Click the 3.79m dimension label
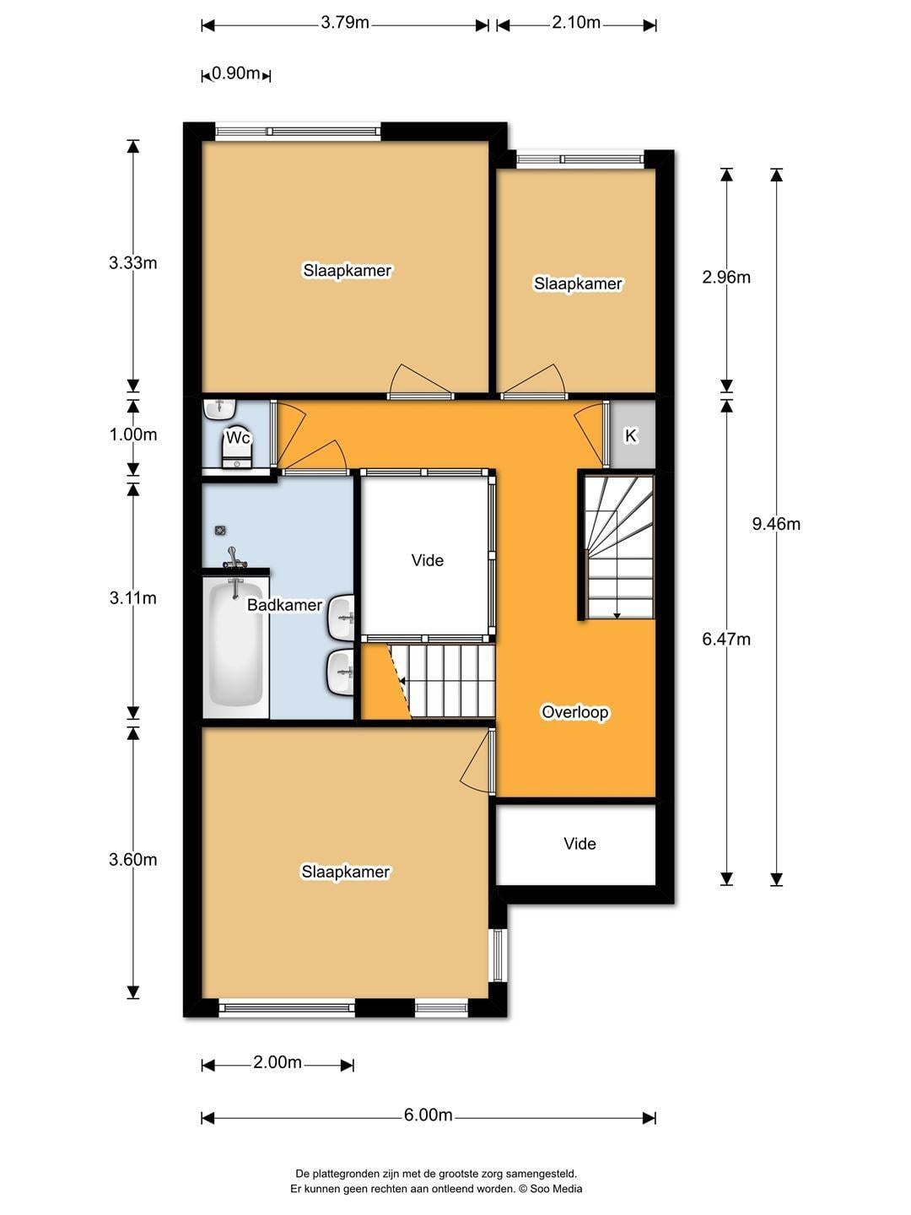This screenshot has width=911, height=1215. pos(345,24)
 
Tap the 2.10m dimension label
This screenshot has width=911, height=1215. pos(576,23)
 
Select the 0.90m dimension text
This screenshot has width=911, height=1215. pos(235,73)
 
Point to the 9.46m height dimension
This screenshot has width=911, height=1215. pos(775,524)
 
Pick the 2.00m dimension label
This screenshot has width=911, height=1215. pos(278,1062)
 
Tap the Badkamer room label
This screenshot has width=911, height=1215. pos(284,605)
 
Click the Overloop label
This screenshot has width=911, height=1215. pos(574,712)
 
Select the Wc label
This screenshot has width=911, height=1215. pos(238,438)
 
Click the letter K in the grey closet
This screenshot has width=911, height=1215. pos(631,436)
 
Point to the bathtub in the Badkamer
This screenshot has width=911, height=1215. pos(235,647)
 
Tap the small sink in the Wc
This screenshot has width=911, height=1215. pos(219,409)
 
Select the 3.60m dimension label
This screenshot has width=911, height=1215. pos(132,860)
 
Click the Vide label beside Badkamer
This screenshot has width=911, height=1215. pos(427,561)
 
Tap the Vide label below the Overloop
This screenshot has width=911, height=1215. pos(579,844)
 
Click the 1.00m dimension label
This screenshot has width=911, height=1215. pos(132,435)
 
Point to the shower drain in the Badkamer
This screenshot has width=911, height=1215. pos(220,530)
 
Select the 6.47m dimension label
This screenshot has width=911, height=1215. pos(725,640)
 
